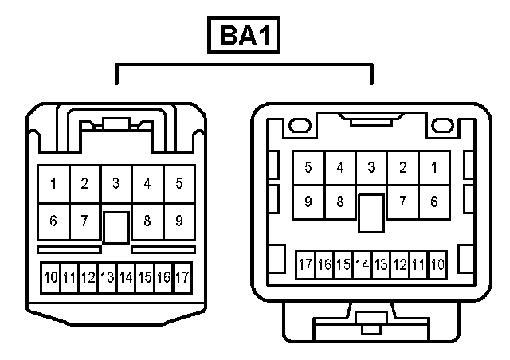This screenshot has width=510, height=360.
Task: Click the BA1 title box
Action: pyautogui.click(x=244, y=37)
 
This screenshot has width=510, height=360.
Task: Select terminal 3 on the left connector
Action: pyautogui.click(x=116, y=184)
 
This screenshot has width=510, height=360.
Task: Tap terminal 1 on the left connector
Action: pyautogui.click(x=53, y=184)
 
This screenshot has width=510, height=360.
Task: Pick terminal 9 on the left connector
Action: pyautogui.click(x=178, y=221)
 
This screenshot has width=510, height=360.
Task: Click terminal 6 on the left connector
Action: pyautogui.click(x=53, y=221)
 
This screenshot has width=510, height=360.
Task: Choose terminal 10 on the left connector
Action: pyautogui.click(x=51, y=277)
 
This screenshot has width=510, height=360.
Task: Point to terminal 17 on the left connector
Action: pyautogui.click(x=182, y=277)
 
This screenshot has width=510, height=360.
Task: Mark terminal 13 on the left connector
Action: pyautogui.click(x=107, y=277)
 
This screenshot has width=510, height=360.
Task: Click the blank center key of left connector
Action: pyautogui.click(x=116, y=227)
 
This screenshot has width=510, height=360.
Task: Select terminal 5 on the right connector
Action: pyautogui.click(x=308, y=167)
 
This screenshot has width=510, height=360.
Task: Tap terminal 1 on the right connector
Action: pyautogui.click(x=433, y=167)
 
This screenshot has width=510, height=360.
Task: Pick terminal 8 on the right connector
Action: pyautogui.click(x=339, y=202)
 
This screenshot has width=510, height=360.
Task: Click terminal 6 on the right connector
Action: pyautogui.click(x=433, y=202)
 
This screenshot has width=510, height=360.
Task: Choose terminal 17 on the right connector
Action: pyautogui.click(x=304, y=264)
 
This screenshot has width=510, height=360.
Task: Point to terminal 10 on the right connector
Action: pyautogui.click(x=437, y=264)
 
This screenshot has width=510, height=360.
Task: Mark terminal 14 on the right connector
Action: pyautogui.click(x=362, y=264)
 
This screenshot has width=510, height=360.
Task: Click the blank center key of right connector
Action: pyautogui.click(x=371, y=212)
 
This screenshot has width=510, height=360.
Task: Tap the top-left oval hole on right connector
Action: pyautogui.click(x=300, y=125)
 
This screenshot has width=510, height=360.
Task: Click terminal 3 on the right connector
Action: pyautogui.click(x=371, y=167)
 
